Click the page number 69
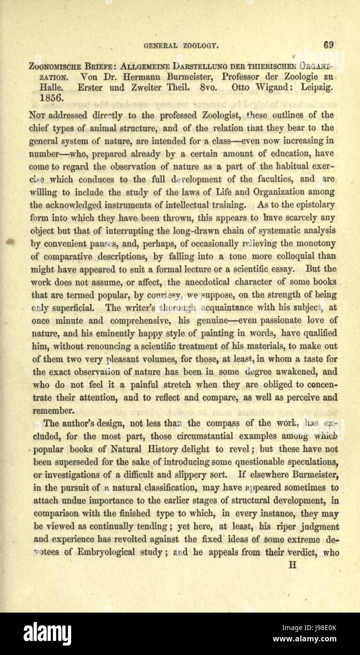coord(328,45)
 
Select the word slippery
coord(183,475)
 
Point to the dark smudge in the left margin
coord(10,242)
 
